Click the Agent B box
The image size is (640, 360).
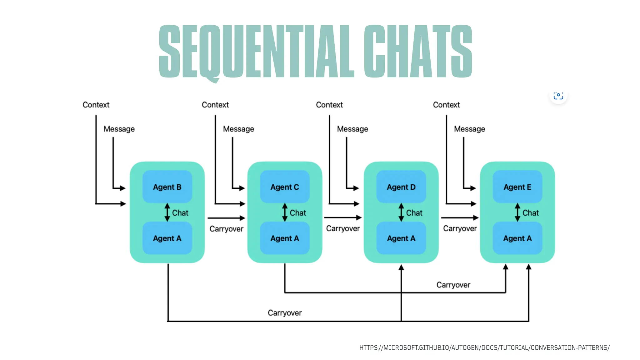tap(167, 187)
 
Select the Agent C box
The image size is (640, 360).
tap(285, 187)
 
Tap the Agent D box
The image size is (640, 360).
tap(401, 187)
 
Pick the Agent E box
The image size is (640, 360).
tap(517, 187)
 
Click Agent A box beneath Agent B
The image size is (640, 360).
tap(167, 238)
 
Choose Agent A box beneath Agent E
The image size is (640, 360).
tap(517, 238)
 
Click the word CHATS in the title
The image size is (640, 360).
tap(418, 52)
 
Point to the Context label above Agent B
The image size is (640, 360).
tap(96, 105)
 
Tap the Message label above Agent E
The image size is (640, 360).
tap(469, 129)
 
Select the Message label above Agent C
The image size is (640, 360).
tap(238, 129)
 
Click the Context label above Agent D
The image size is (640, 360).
tap(329, 105)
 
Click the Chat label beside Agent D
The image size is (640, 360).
tap(414, 213)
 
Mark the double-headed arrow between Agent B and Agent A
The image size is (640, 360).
tap(167, 212)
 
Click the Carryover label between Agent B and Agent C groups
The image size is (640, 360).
tap(226, 229)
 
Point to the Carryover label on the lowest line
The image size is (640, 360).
tap(285, 313)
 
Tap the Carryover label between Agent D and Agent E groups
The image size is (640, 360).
tap(460, 228)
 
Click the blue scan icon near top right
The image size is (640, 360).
tap(558, 95)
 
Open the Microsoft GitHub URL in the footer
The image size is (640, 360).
tap(484, 347)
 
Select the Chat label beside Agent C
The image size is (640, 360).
tap(298, 213)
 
